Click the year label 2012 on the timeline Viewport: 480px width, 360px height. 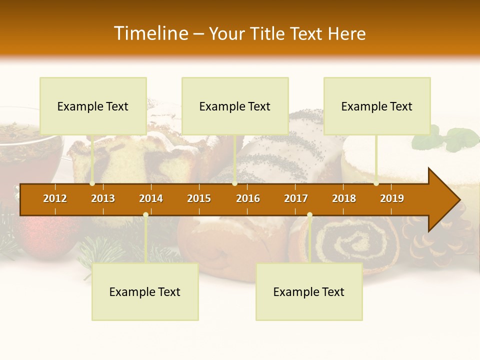point(55,198)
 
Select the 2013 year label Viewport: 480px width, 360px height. point(103,198)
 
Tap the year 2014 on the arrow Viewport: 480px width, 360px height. point(151,198)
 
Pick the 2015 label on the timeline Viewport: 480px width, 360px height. point(199,198)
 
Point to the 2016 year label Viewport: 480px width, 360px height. point(248,198)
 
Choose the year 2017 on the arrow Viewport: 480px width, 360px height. point(296,198)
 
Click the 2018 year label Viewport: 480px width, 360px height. point(344,198)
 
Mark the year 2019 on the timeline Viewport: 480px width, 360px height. point(392,198)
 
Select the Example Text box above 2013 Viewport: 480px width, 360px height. point(93,106)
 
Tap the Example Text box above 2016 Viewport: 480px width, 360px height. point(235,106)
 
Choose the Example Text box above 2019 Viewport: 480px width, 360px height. point(377,106)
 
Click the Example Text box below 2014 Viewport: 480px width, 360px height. point(145,291)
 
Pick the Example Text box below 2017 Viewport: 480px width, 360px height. point(309,291)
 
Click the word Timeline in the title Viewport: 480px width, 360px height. point(150,33)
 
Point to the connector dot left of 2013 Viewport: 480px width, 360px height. point(92,183)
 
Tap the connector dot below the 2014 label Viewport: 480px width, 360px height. point(145,215)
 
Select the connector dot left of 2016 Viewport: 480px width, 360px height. point(235,183)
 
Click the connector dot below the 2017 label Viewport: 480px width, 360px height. point(309,215)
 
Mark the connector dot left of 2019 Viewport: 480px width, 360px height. point(376,183)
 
